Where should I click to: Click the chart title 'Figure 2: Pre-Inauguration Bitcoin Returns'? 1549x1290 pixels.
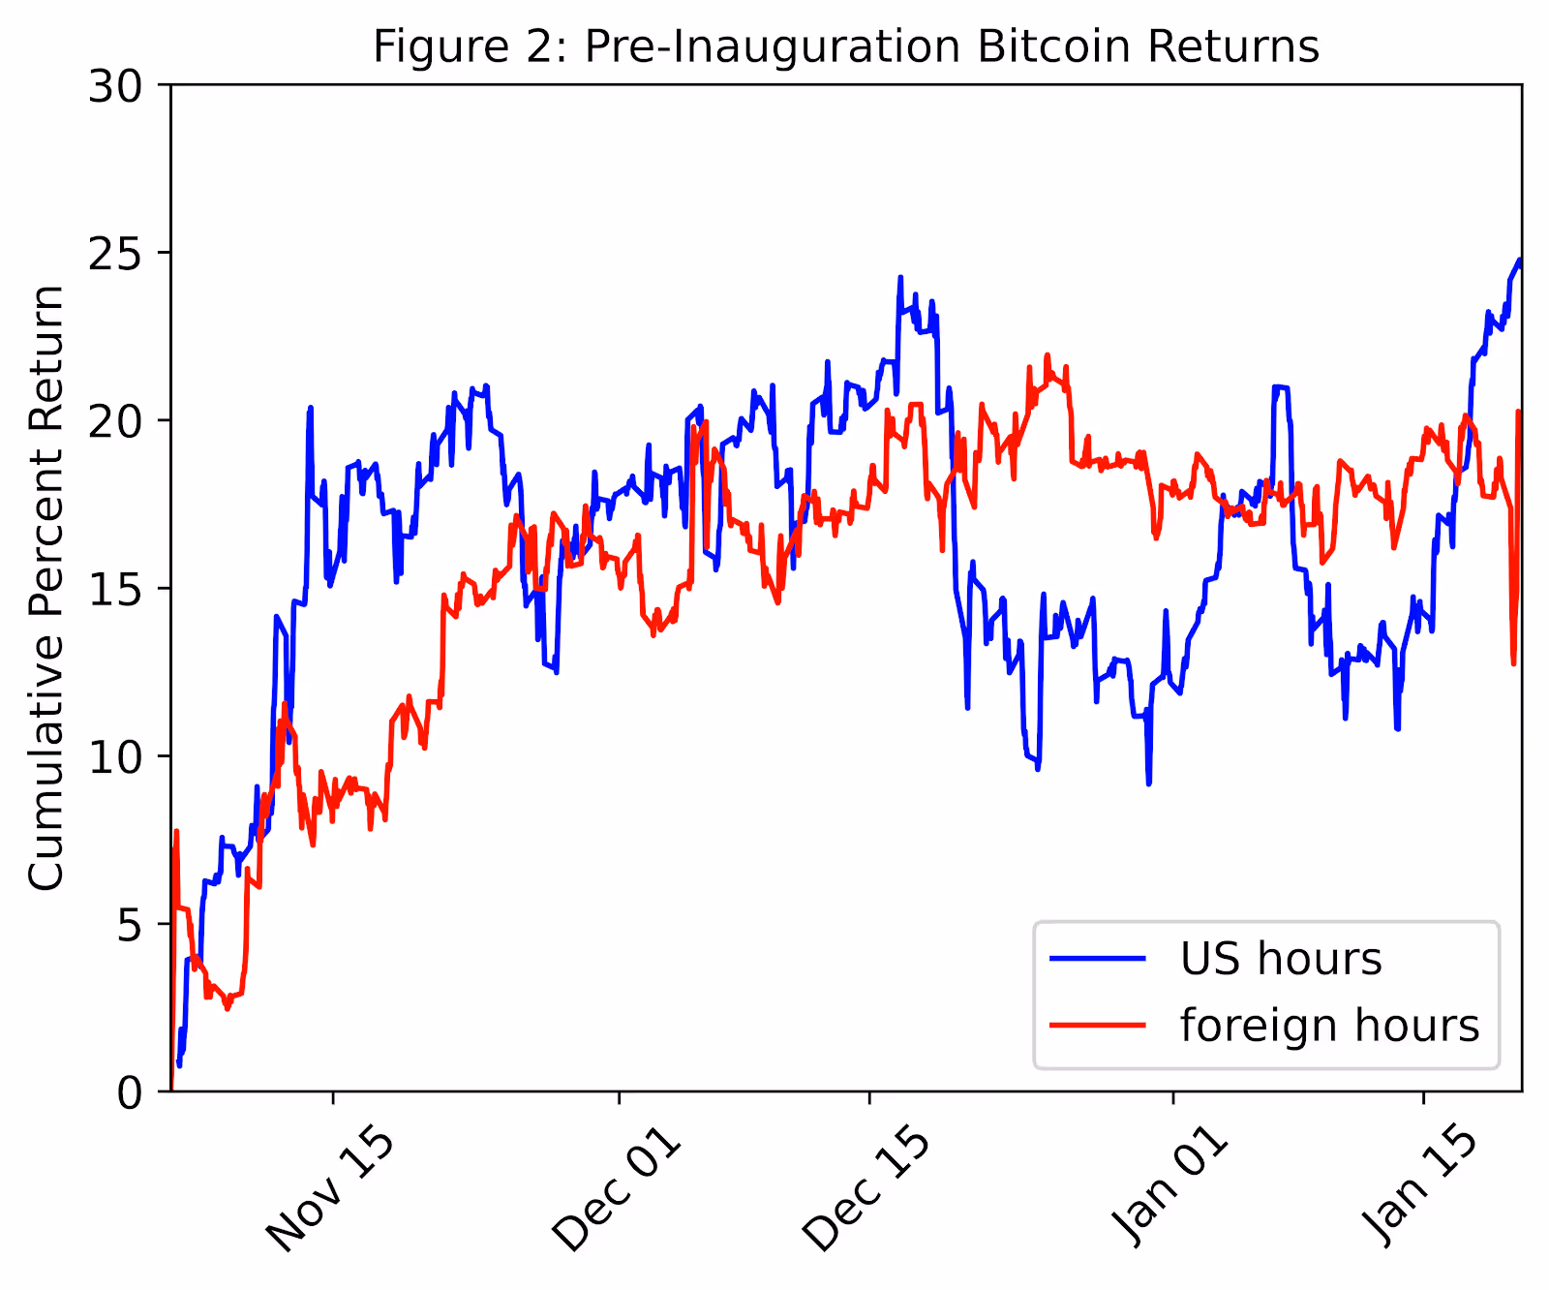click(x=846, y=46)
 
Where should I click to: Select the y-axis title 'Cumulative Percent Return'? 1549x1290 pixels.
click(x=46, y=588)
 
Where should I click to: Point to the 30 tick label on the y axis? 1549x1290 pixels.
click(x=115, y=86)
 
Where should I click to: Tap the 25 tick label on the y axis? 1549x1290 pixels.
click(x=115, y=254)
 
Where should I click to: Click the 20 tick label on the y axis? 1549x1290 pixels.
click(x=115, y=421)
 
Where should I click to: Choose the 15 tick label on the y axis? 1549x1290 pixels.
click(x=115, y=589)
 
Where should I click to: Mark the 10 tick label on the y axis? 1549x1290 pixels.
click(x=115, y=756)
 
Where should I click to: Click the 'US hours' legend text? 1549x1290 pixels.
click(x=1281, y=959)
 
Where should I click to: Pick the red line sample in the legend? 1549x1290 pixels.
click(x=1099, y=1026)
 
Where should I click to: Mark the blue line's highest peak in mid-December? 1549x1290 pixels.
click(x=900, y=277)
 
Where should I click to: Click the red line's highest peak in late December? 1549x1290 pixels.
click(x=1048, y=354)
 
